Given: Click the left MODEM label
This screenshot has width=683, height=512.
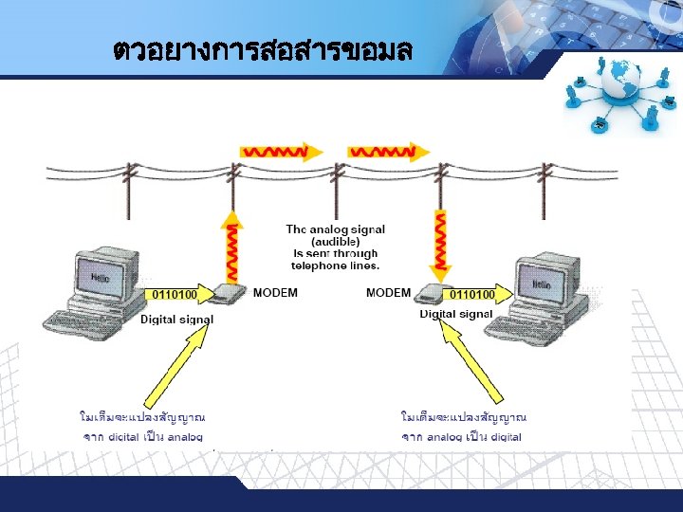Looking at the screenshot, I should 275,292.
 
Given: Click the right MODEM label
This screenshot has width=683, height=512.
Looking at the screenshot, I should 388,292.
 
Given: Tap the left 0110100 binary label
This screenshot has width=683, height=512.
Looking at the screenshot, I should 175,295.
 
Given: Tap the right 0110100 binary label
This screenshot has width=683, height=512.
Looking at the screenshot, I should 471,295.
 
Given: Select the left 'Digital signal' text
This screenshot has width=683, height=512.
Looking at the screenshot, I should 177,320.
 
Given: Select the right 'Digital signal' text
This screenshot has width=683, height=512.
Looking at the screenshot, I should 456,314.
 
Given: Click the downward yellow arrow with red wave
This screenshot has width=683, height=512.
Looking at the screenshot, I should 440,241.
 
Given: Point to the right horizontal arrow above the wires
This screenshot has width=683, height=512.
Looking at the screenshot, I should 383,151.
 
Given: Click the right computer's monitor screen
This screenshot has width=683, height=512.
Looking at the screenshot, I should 541,283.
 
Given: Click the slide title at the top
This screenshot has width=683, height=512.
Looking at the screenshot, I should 262,49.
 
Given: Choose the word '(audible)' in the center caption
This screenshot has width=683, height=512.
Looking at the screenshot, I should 336,242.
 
